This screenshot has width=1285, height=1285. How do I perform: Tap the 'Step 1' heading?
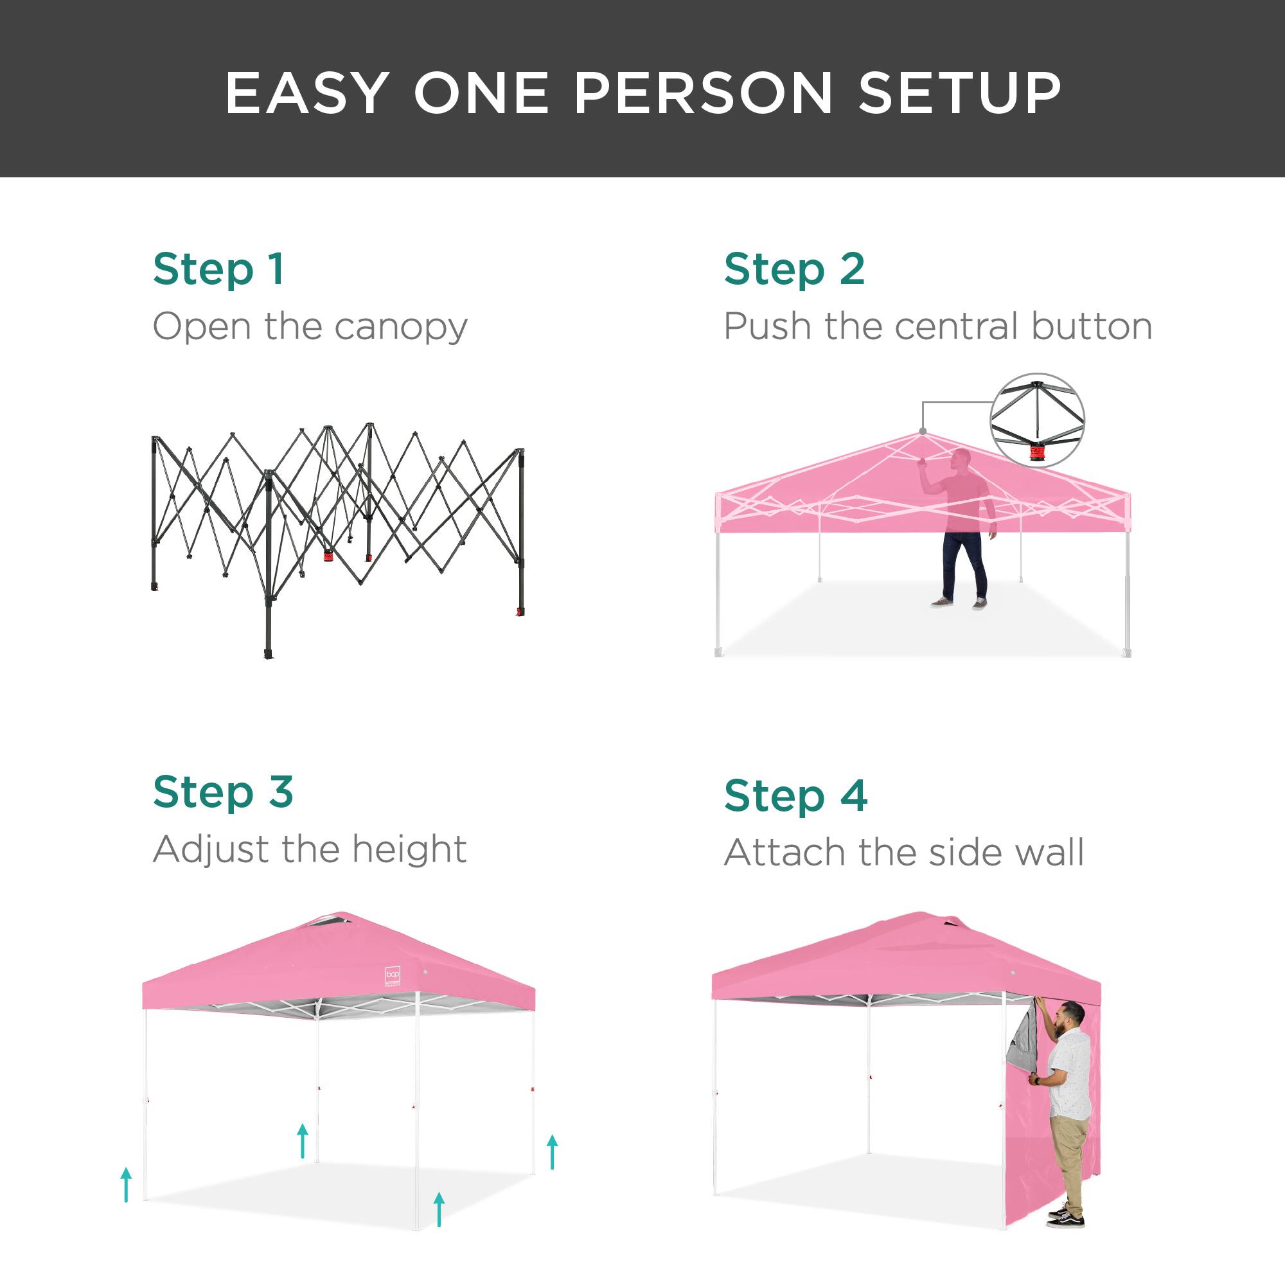click(219, 270)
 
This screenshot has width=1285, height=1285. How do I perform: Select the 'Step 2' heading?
click(794, 270)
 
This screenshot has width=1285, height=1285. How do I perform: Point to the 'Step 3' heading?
click(223, 792)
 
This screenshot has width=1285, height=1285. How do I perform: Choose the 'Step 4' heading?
click(795, 795)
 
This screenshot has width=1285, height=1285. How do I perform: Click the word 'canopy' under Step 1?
click(401, 328)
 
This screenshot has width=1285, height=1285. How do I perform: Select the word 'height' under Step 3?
click(409, 849)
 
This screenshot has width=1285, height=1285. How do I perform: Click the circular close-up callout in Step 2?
click(1037, 420)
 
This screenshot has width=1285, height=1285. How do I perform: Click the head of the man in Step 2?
click(961, 459)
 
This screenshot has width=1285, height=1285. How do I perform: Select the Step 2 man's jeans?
click(964, 565)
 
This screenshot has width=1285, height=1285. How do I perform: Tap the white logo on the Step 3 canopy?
click(393, 976)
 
